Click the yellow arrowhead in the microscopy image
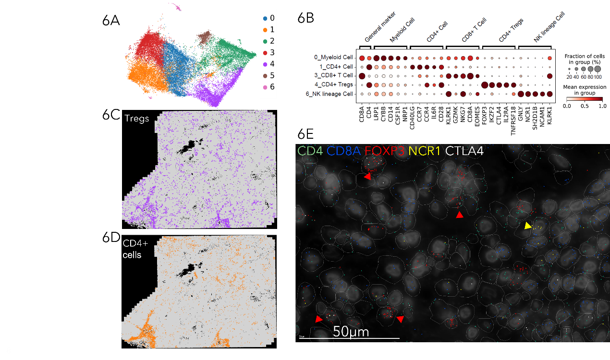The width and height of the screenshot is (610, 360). pyautogui.click(x=528, y=226)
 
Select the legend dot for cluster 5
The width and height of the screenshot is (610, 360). pyautogui.click(x=265, y=75)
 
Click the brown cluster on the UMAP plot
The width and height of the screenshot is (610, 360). pyautogui.click(x=206, y=36)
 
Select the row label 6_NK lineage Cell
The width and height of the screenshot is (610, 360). pyautogui.click(x=328, y=94)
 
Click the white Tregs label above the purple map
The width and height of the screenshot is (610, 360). pyautogui.click(x=136, y=118)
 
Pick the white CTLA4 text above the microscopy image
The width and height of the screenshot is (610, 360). pyautogui.click(x=464, y=150)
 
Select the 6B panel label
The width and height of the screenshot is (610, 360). pyautogui.click(x=306, y=18)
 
